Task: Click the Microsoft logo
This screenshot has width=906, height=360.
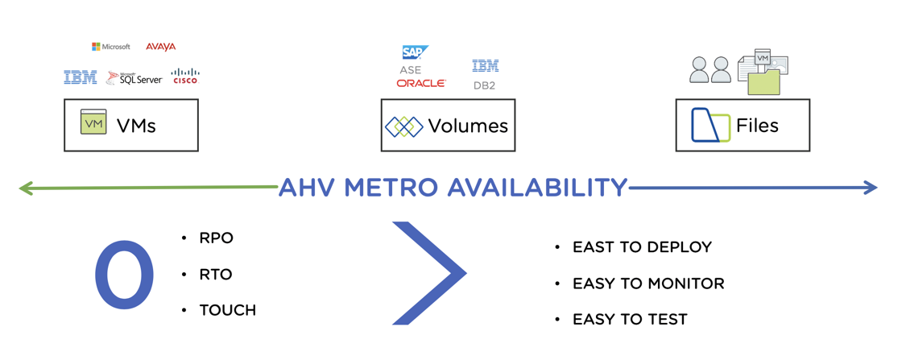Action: (x=111, y=46)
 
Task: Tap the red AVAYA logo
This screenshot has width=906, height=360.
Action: (x=160, y=46)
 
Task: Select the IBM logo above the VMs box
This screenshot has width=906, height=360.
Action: (x=81, y=77)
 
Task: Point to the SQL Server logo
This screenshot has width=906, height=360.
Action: (x=134, y=78)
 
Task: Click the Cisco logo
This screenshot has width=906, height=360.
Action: (x=185, y=76)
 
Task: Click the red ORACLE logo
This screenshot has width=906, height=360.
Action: (x=421, y=83)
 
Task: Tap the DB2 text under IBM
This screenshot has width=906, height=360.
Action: (x=484, y=86)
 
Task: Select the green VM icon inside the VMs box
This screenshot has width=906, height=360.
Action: (x=93, y=123)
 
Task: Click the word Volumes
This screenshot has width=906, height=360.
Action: (x=468, y=126)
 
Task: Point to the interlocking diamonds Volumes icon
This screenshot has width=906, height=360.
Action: (x=404, y=126)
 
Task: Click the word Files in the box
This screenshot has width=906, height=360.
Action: (x=758, y=126)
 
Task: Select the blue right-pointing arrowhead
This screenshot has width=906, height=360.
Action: (x=871, y=187)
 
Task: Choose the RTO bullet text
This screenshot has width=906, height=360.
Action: (x=216, y=274)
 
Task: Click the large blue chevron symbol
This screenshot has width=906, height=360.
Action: (x=429, y=272)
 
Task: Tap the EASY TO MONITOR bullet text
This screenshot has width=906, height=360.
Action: (x=648, y=283)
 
